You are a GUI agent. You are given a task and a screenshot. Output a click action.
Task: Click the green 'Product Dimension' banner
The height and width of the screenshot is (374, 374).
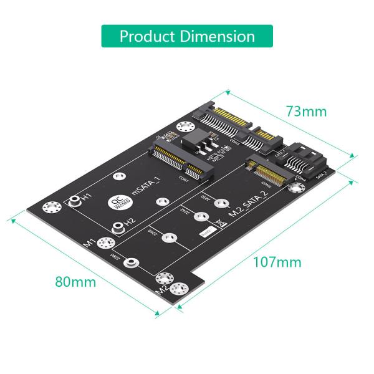click(x=187, y=36)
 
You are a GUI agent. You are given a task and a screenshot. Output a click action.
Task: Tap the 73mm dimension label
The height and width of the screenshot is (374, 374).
click(x=306, y=112)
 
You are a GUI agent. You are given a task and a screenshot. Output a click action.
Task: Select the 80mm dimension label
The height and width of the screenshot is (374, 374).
click(x=75, y=281)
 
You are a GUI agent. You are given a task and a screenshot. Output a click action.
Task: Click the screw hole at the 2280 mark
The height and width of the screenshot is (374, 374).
click(x=132, y=262)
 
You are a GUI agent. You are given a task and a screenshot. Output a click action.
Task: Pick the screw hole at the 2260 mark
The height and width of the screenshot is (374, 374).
click(x=167, y=237)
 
